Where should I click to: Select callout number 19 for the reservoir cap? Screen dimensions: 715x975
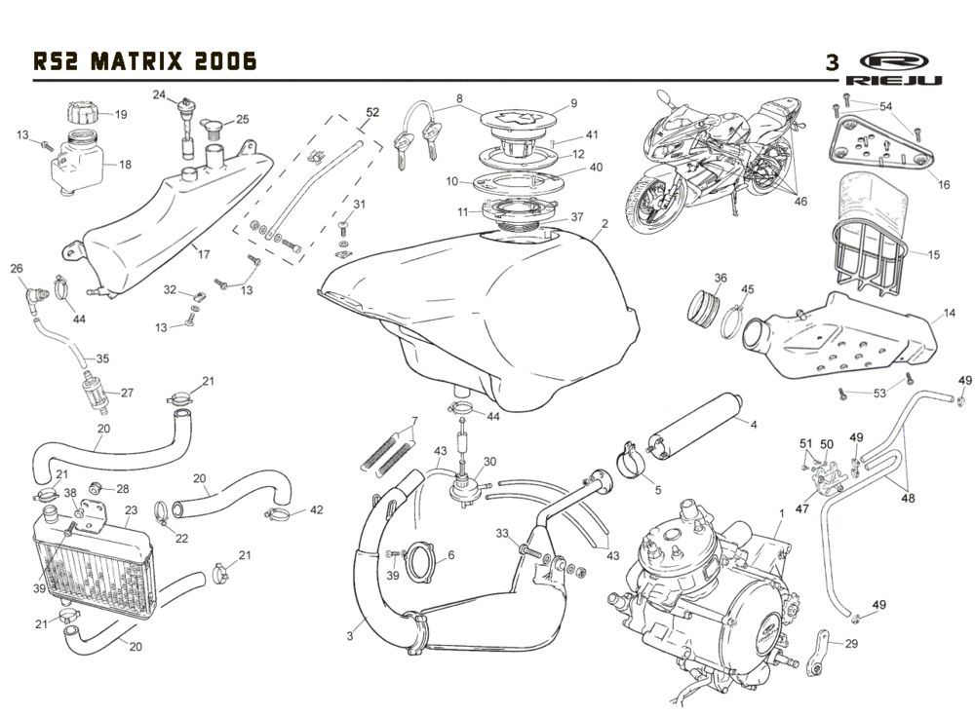coord(121,114)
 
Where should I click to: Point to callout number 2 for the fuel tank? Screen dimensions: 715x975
coord(604,223)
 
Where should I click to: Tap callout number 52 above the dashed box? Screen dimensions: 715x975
coord(370,112)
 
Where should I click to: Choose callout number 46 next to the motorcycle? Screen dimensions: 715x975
coord(799,202)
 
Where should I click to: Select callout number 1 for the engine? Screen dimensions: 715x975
coord(780,512)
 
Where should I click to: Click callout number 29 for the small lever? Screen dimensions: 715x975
coord(851,643)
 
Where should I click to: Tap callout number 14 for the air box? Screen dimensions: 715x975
coord(948,315)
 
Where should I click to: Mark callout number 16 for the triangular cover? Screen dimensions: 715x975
coord(943,184)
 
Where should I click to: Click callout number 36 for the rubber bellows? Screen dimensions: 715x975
coord(720,278)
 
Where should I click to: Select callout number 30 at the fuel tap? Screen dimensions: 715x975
coord(489,461)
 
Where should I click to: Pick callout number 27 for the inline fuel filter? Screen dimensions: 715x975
coord(127,394)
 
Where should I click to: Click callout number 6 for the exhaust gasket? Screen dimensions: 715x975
coord(450,556)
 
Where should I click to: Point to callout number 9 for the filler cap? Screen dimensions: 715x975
coord(574,102)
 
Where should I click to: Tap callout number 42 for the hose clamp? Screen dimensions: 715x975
coord(316,509)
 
